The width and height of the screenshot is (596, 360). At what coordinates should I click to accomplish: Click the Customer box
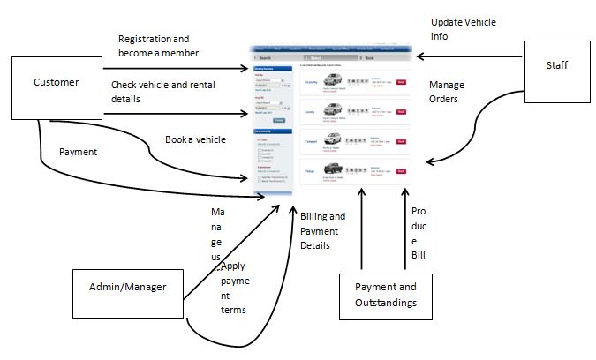(56, 82)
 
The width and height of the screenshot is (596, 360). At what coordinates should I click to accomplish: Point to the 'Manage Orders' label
(447, 93)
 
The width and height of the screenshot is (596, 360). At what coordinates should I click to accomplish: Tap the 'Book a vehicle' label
(195, 139)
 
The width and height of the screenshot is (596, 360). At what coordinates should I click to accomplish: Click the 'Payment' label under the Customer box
(78, 152)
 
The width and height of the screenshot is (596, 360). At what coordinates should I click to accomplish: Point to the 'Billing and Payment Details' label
(323, 230)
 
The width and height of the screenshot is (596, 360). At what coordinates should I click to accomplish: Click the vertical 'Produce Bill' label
(419, 234)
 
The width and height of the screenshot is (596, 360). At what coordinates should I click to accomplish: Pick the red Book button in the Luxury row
(401, 111)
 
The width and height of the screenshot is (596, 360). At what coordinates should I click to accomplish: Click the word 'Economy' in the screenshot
(311, 82)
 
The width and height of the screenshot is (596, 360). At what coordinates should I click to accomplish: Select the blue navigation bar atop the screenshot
(332, 49)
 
